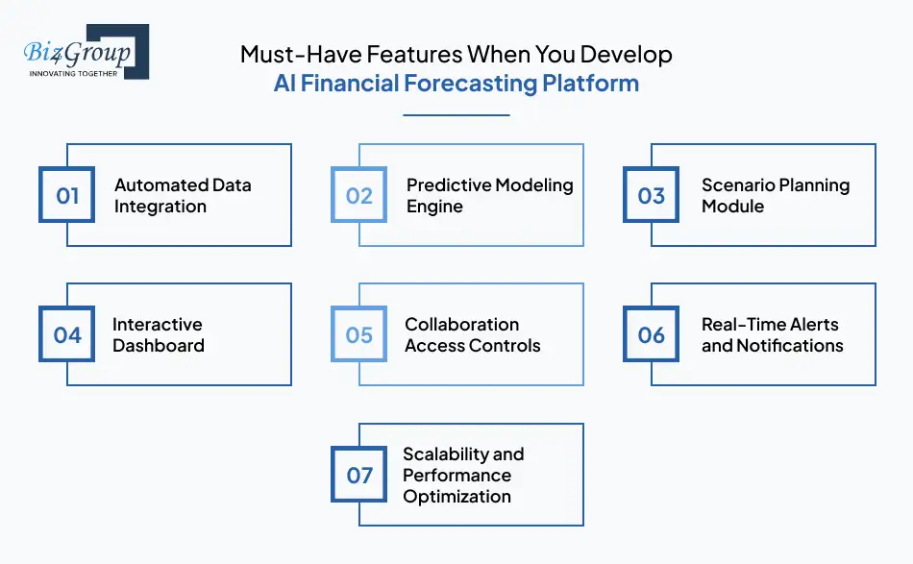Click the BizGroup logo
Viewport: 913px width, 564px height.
point(85,50)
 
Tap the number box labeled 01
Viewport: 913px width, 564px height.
point(67,195)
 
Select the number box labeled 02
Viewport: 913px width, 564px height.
point(359,195)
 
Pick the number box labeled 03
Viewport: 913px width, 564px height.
point(652,195)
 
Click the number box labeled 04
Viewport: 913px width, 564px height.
point(67,334)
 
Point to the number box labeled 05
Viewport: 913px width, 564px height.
point(359,334)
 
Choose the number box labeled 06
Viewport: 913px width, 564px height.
point(652,334)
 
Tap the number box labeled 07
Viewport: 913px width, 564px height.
point(359,475)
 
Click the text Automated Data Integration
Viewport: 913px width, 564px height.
point(183,195)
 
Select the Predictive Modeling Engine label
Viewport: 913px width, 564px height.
point(489,195)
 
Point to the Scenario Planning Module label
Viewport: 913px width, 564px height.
point(775,195)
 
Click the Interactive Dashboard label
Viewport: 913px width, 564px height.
point(159,334)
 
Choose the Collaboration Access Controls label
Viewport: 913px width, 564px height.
point(472,334)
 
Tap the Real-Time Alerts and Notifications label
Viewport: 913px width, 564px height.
point(772,334)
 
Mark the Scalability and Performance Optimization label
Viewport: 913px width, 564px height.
point(463,475)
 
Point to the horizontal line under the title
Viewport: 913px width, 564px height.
point(456,115)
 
